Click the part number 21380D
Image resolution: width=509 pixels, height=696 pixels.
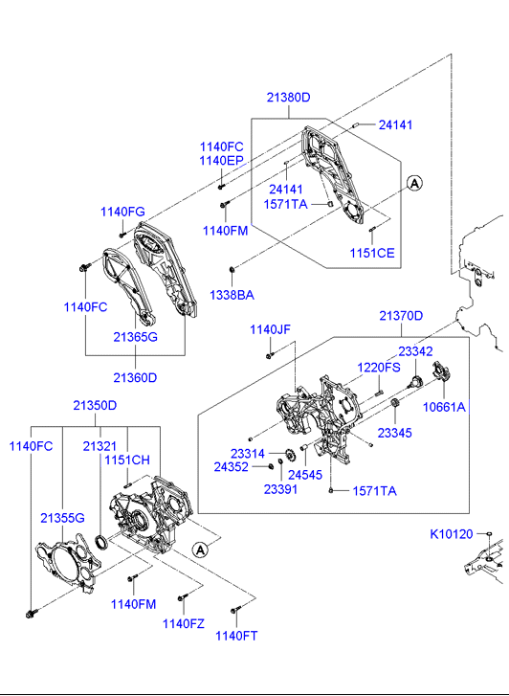click(288, 98)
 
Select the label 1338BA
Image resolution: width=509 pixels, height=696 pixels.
click(232, 295)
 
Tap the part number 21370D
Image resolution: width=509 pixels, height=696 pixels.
click(401, 316)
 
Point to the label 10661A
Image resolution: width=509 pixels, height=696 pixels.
click(444, 407)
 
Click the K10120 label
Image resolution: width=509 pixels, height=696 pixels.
click(452, 534)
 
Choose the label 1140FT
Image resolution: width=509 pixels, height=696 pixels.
click(236, 636)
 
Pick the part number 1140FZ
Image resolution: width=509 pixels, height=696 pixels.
click(184, 623)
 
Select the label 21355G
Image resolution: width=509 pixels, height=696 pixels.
click(62, 518)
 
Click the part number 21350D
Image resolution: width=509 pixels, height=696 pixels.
click(95, 405)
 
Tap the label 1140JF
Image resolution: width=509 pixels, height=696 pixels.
click(270, 329)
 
